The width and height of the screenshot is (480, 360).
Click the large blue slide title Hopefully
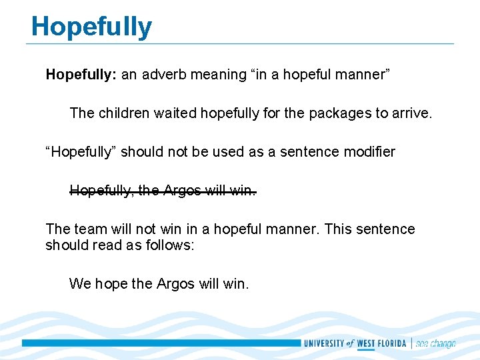pos(91,27)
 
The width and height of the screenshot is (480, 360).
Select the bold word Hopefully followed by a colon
pos(81,75)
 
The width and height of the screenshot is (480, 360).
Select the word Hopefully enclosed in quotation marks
pos(81,152)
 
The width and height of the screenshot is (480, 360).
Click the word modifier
pos(369,152)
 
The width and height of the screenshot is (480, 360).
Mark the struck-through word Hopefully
pos(101,191)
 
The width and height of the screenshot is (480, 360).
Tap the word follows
pos(171,245)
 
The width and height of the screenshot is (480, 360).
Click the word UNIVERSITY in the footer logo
pos(323,344)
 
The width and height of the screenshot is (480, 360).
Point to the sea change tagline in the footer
pos(435,344)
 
